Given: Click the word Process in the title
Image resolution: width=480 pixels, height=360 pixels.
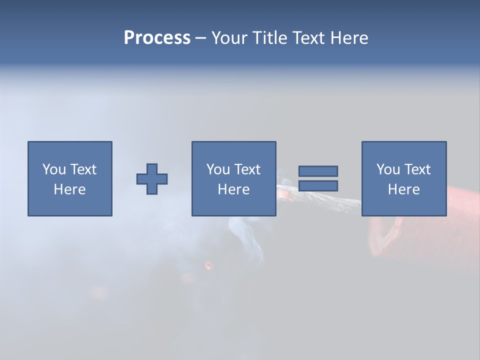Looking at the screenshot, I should tap(157, 38).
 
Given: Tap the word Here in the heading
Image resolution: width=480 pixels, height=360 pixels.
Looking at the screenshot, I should tap(348, 38).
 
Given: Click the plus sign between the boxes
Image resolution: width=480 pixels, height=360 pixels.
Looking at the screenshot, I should tap(152, 179).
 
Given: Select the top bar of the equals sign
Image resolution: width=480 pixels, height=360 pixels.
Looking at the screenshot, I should tap(318, 171).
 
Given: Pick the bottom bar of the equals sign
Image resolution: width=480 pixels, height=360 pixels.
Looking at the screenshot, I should tap(318, 185).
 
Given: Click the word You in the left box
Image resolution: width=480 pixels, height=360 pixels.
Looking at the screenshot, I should tap(54, 169).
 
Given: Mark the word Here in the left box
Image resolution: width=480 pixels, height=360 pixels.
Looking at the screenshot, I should tap(69, 189).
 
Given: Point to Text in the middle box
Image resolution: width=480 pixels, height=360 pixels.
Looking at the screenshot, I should tap(247, 169).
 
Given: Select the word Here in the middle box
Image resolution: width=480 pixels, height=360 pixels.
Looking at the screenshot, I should tap(233, 189).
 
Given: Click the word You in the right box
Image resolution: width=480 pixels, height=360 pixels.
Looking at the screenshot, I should tap(388, 169).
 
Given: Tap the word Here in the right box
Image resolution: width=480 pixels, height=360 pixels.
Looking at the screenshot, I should tap(403, 189).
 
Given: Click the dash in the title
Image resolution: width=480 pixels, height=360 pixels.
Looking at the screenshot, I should tap(200, 38).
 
